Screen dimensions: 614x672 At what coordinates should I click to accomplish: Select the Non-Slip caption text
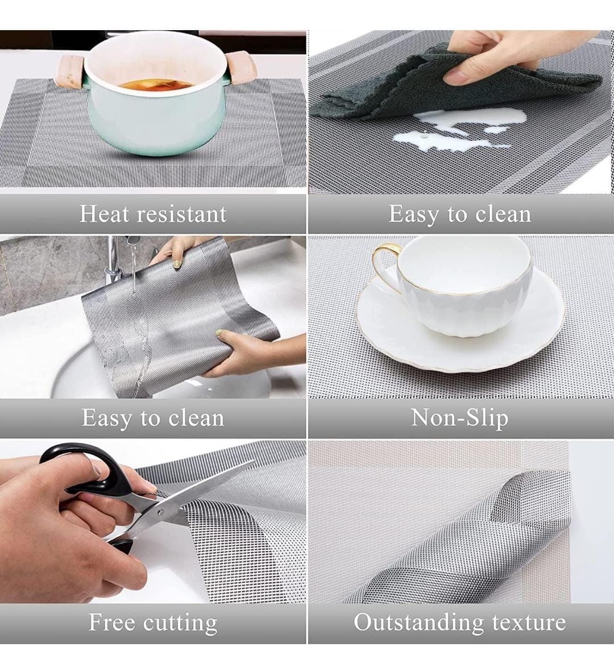click(460, 418)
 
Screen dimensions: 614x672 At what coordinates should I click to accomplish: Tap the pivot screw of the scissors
click(161, 512)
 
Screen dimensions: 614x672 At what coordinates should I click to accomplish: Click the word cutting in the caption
click(180, 623)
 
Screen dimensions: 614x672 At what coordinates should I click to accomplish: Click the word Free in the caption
click(111, 623)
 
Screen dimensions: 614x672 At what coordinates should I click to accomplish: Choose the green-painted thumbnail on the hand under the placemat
click(221, 334)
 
